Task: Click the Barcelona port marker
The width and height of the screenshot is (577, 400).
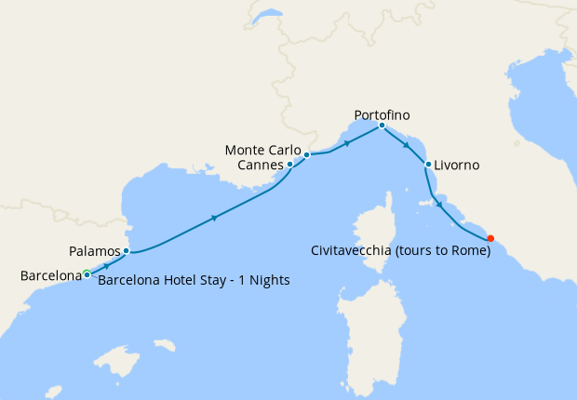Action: click(x=87, y=273)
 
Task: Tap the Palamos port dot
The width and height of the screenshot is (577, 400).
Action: click(x=126, y=250)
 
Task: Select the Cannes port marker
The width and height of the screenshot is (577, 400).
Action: click(x=290, y=164)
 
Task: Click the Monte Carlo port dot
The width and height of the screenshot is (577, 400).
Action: click(x=306, y=154)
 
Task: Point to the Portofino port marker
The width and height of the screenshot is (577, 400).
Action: click(x=382, y=126)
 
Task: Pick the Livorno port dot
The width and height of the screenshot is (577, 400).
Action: click(x=427, y=165)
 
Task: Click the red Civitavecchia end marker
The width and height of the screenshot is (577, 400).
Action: click(x=490, y=237)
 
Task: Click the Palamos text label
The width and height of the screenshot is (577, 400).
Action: click(x=95, y=251)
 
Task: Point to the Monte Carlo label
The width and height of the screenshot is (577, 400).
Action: click(x=264, y=151)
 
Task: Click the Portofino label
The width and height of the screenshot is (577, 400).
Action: click(x=382, y=114)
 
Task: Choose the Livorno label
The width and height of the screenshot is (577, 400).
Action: click(x=458, y=166)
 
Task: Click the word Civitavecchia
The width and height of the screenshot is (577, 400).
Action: click(x=356, y=250)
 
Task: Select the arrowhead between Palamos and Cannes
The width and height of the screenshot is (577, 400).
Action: click(x=215, y=219)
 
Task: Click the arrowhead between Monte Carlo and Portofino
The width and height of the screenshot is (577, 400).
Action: click(x=347, y=143)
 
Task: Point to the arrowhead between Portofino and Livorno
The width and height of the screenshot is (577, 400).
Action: click(x=406, y=145)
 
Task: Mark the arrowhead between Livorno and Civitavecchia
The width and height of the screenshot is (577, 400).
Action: click(x=438, y=205)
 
